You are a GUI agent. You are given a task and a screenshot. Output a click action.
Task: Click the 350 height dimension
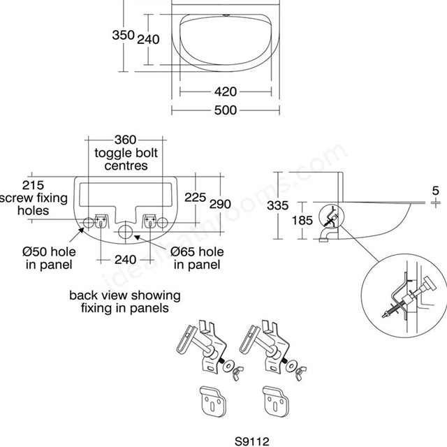click(x=124, y=34)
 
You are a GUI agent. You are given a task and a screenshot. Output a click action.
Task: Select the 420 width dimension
click(x=225, y=91)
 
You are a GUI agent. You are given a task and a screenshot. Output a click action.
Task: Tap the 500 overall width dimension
click(x=225, y=110)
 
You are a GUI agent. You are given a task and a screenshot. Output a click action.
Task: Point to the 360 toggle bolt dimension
click(x=126, y=140)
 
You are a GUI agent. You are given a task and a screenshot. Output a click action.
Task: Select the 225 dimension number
click(x=196, y=198)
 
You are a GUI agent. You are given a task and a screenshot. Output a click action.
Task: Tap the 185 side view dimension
click(x=302, y=220)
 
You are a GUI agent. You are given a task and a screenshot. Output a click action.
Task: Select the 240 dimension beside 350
click(x=148, y=40)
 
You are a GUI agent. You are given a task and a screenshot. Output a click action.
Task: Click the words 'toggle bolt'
click(x=126, y=153)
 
